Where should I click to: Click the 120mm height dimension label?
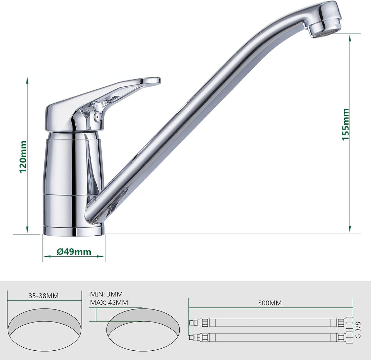23,157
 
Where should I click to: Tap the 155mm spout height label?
346,124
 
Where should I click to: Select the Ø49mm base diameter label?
74,252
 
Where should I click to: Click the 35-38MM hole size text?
44,296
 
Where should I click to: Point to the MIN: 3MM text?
106,294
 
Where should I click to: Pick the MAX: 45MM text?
109,303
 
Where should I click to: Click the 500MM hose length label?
270,303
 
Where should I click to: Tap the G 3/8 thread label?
358,330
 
